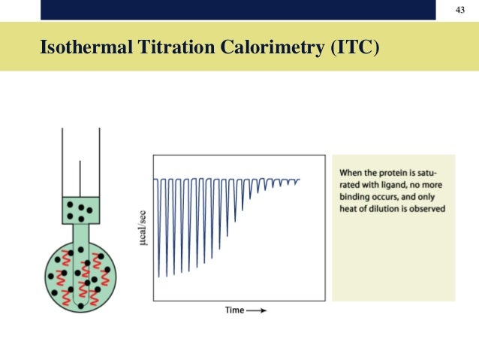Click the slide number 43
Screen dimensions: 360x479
click(x=461, y=9)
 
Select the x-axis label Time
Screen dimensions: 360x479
click(x=234, y=310)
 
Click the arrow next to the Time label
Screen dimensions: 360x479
click(x=256, y=310)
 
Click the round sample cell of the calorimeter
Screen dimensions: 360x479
click(x=80, y=275)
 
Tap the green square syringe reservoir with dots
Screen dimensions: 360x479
click(x=80, y=209)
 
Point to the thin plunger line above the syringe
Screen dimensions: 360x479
click(x=80, y=177)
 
